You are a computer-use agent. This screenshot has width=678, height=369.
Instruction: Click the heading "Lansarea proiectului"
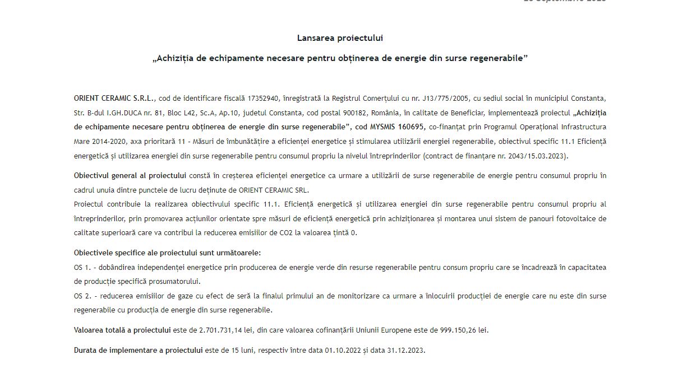coord(340,38)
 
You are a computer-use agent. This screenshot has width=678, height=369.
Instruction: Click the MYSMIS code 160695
coord(413,127)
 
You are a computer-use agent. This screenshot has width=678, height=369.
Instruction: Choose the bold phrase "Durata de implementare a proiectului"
coord(138,351)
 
